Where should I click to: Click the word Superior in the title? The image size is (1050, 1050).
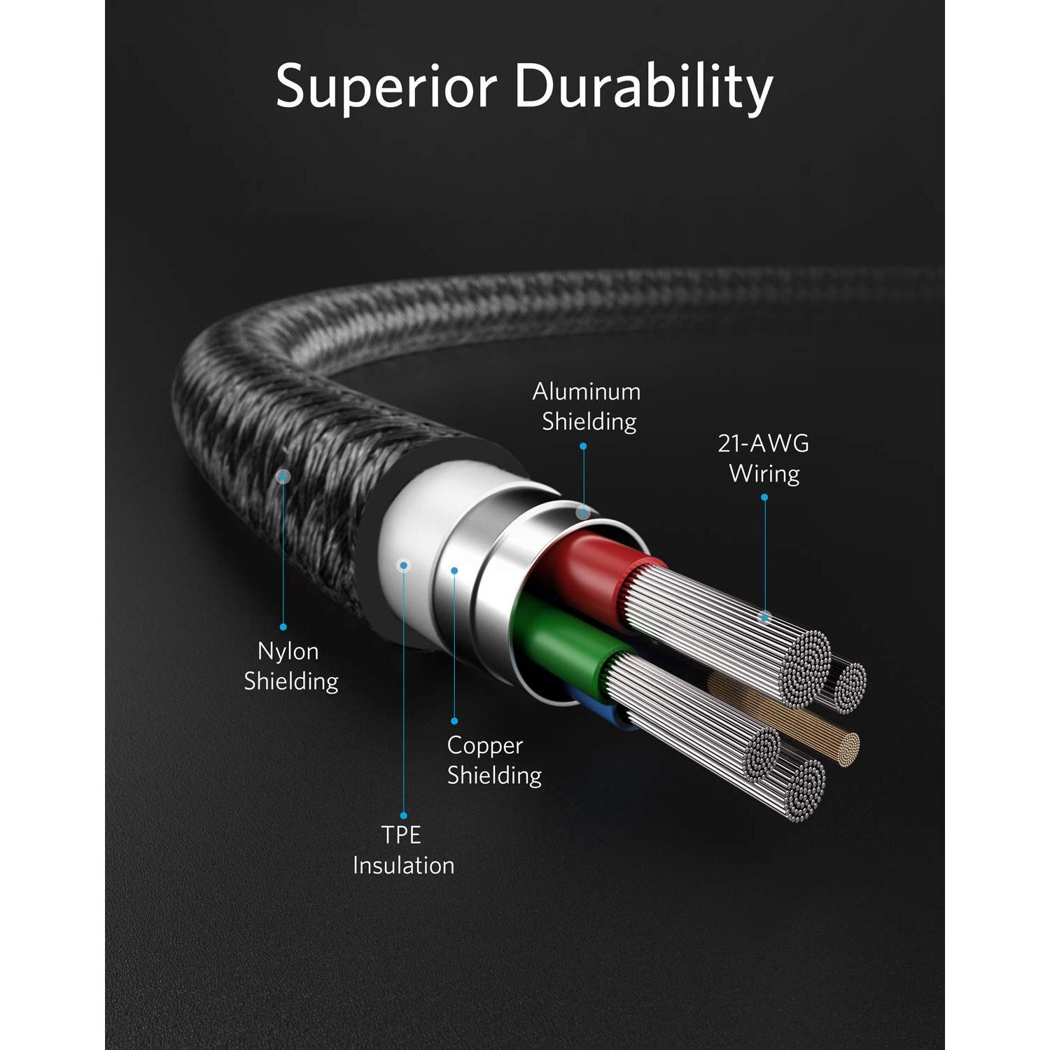point(386,86)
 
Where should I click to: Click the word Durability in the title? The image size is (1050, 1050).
point(644,86)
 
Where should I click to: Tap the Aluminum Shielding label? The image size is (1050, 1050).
point(587,407)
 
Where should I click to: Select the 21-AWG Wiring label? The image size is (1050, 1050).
point(764,458)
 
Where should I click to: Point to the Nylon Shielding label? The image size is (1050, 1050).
point(290,666)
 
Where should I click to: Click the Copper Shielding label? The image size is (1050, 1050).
point(494,760)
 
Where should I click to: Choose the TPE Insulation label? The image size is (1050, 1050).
point(403,850)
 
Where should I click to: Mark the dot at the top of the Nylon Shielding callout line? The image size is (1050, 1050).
point(283,477)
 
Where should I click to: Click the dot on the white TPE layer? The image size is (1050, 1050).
point(404,566)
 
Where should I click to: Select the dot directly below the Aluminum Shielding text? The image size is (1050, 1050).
point(583,446)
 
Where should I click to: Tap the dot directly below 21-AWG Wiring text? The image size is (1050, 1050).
point(764,498)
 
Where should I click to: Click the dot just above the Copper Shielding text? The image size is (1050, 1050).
point(454,721)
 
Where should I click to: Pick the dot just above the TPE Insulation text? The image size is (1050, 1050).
point(403,815)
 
